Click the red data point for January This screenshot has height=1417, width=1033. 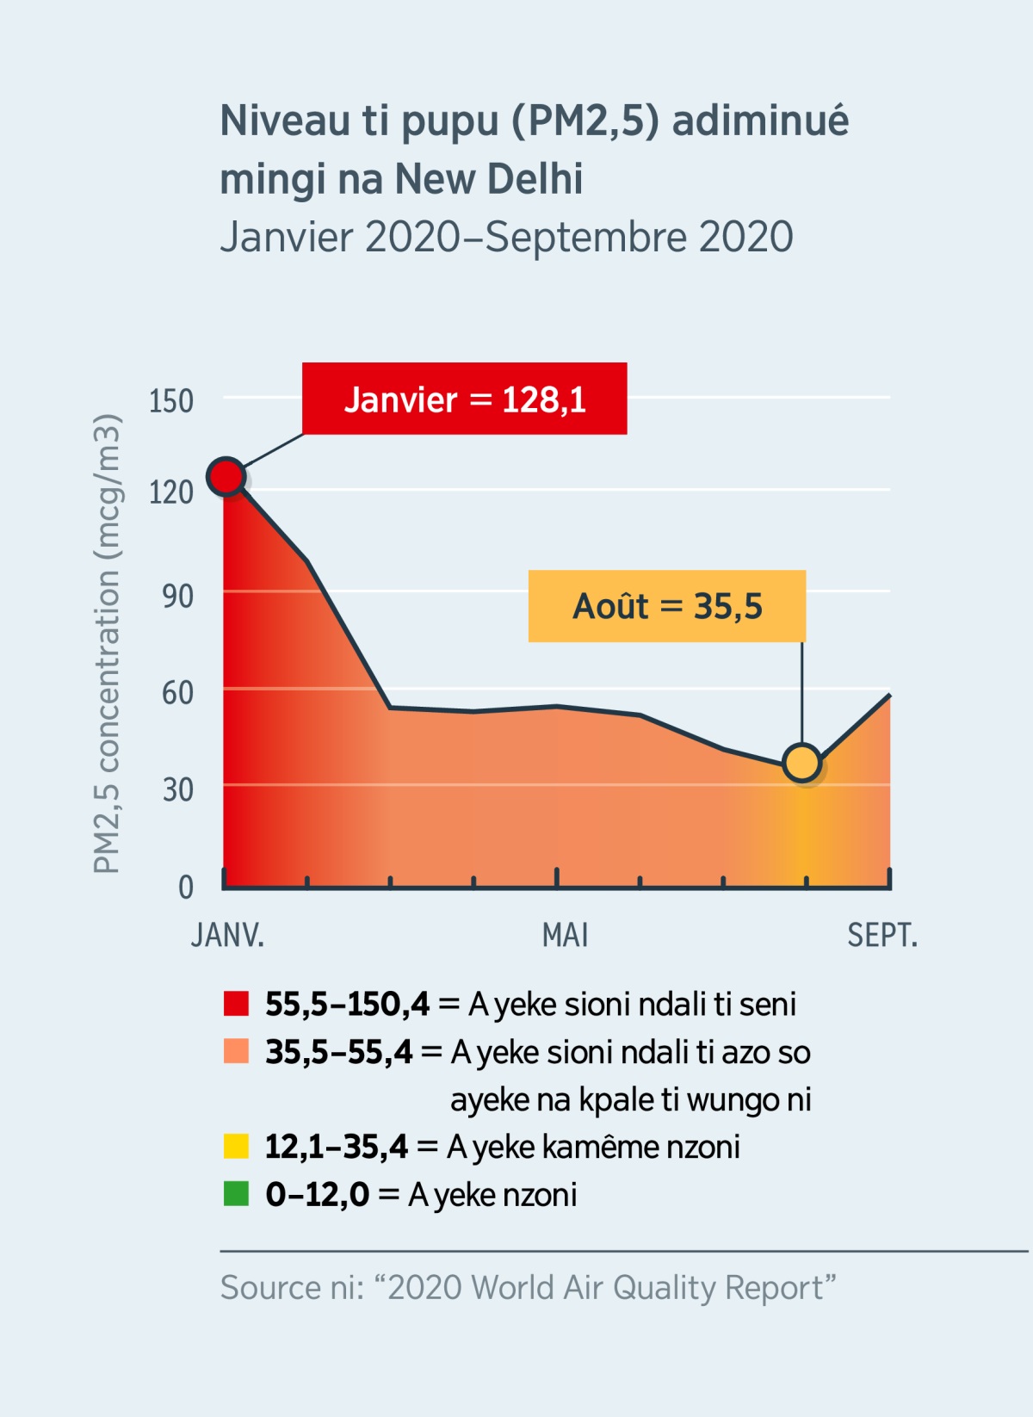click(x=226, y=476)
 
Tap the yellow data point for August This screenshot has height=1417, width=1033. click(x=802, y=763)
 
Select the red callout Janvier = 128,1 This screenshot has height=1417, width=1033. click(x=464, y=399)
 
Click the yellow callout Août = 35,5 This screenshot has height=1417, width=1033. click(x=667, y=606)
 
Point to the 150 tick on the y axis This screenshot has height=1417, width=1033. click(x=171, y=401)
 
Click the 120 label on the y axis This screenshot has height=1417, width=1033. click(x=171, y=492)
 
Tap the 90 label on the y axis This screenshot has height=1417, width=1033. click(x=177, y=596)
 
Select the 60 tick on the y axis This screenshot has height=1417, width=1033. click(x=177, y=692)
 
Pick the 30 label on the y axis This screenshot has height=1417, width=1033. click(x=177, y=789)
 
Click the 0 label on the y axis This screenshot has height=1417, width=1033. click(x=185, y=887)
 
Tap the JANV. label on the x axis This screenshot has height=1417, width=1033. click(x=227, y=935)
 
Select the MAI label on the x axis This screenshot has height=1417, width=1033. click(x=565, y=935)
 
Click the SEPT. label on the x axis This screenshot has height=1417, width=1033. click(x=882, y=935)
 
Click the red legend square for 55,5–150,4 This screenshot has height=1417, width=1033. click(x=236, y=1004)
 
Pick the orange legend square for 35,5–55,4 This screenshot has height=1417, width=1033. click(x=236, y=1051)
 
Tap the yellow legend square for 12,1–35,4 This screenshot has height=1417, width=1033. click(x=236, y=1147)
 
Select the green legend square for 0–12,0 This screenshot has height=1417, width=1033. click(x=236, y=1194)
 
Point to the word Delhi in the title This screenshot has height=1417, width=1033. click(x=535, y=179)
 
